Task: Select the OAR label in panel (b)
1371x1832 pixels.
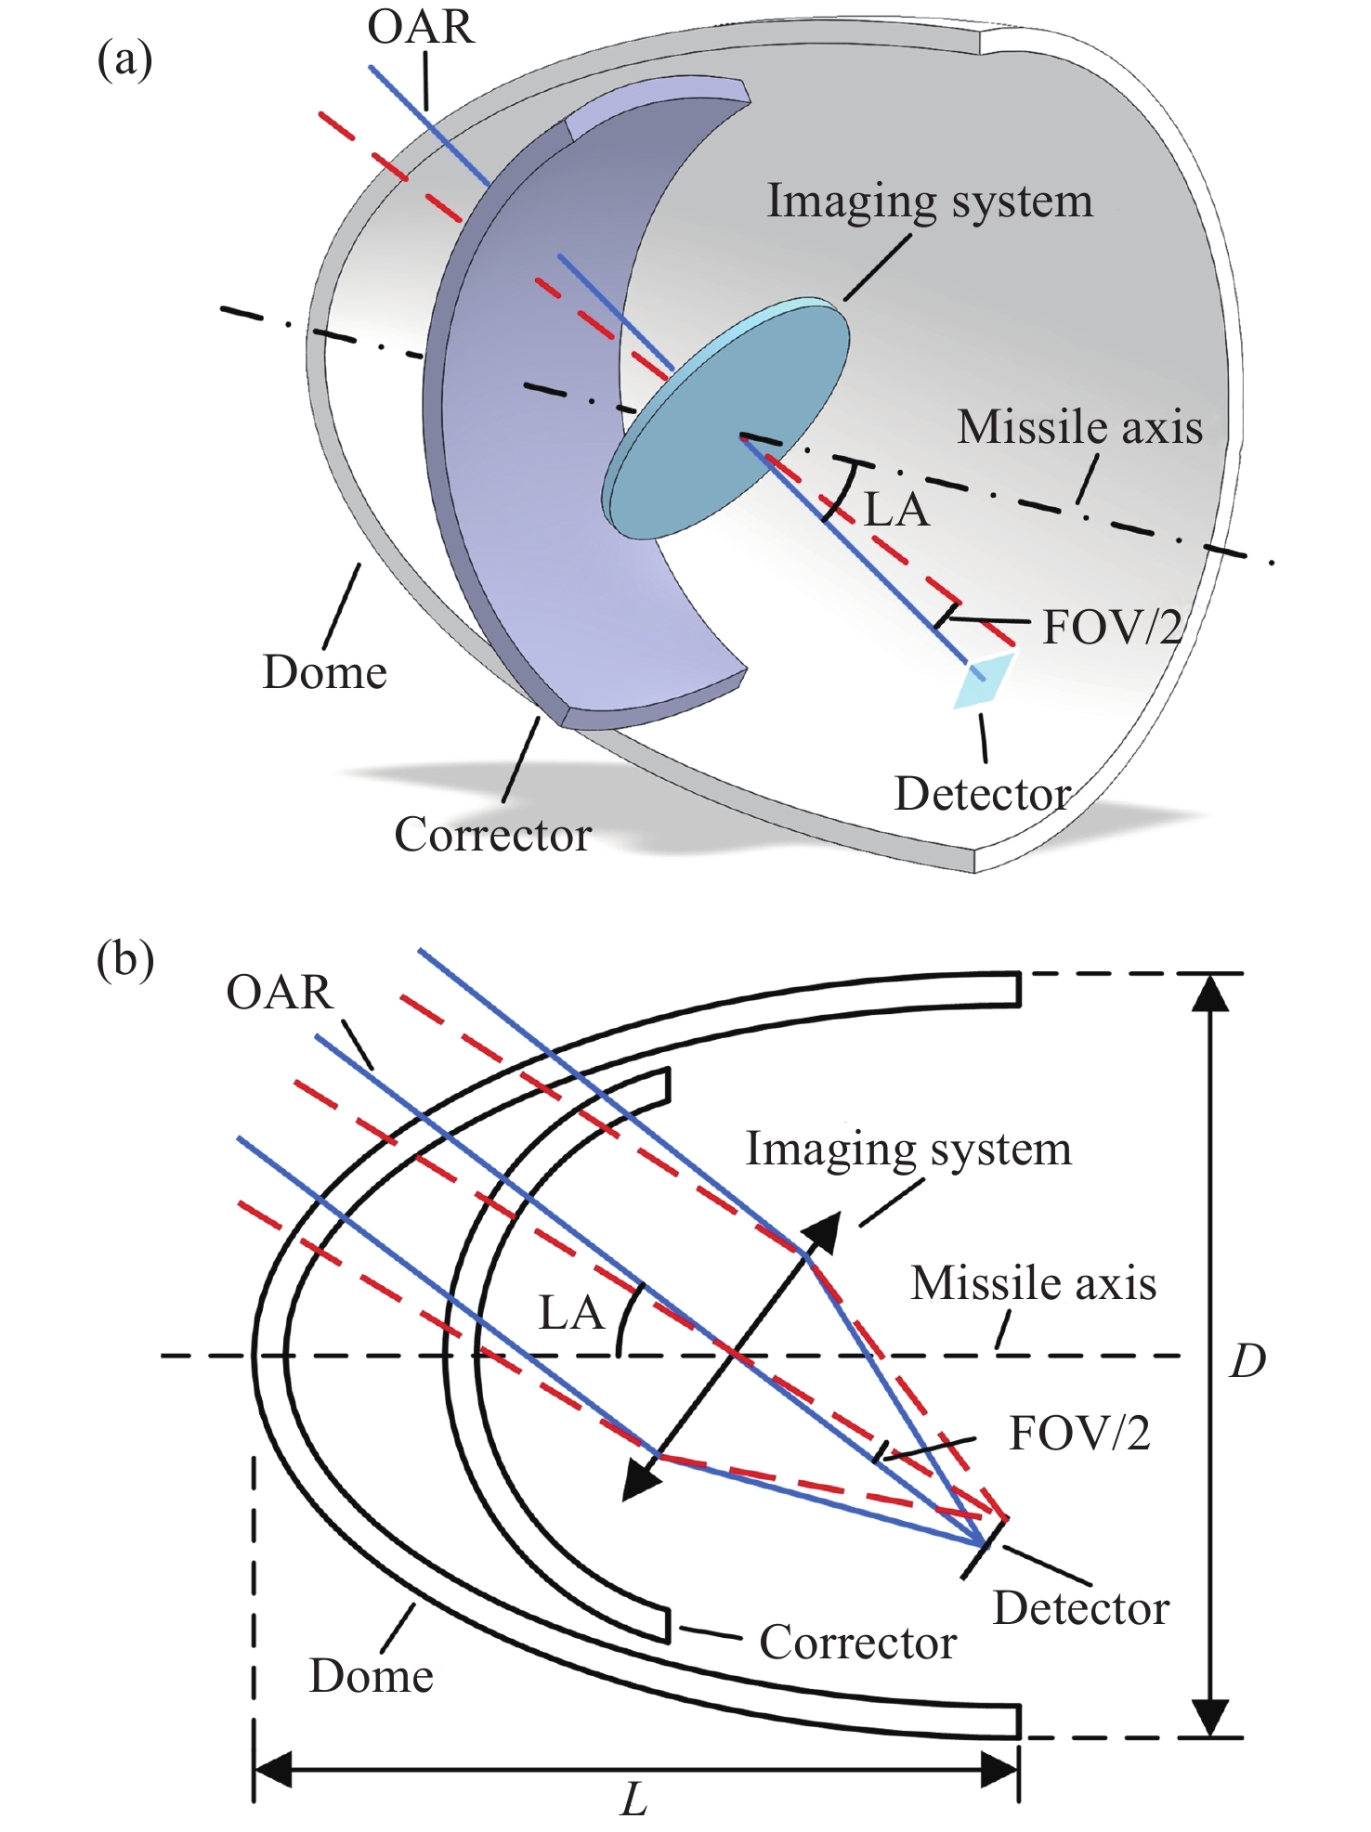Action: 280,992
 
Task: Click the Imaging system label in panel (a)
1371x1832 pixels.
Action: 930,201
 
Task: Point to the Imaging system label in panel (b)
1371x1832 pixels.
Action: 909,1150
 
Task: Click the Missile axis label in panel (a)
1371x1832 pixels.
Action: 1080,427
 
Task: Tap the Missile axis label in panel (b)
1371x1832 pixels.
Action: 1034,1283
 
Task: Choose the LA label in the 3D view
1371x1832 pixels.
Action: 896,510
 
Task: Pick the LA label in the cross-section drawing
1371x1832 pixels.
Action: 571,1314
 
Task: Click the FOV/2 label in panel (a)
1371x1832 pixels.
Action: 1113,628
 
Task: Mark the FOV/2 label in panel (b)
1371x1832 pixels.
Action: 1080,1434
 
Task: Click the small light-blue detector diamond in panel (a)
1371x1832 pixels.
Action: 983,682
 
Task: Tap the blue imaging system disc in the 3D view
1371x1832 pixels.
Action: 726,419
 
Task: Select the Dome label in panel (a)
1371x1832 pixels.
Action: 325,672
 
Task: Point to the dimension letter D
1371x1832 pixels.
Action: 1247,1361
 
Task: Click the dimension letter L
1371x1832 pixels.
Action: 634,1800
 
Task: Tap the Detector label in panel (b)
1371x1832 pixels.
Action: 1081,1608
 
